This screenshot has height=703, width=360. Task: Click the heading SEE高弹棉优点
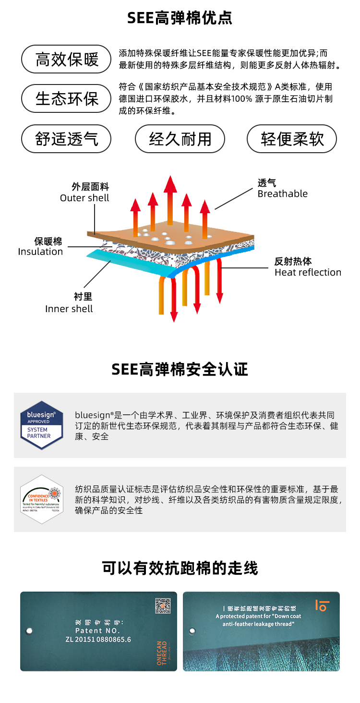(x=180, y=18)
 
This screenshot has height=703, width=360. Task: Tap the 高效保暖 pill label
(x=66, y=59)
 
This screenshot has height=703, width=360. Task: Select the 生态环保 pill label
(x=66, y=98)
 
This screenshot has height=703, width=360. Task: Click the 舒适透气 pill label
(x=66, y=139)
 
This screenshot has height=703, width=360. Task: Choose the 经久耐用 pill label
(x=180, y=139)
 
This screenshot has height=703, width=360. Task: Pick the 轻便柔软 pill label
(x=292, y=139)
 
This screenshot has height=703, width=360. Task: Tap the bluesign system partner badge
(x=42, y=425)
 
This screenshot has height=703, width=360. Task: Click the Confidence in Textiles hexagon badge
(x=42, y=499)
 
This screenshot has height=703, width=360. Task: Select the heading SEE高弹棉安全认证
(x=180, y=369)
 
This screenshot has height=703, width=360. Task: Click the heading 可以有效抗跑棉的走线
(x=180, y=568)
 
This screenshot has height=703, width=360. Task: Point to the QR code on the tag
(x=163, y=606)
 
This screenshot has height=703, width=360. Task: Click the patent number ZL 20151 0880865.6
(x=98, y=639)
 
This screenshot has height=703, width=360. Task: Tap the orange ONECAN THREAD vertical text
(x=162, y=652)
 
